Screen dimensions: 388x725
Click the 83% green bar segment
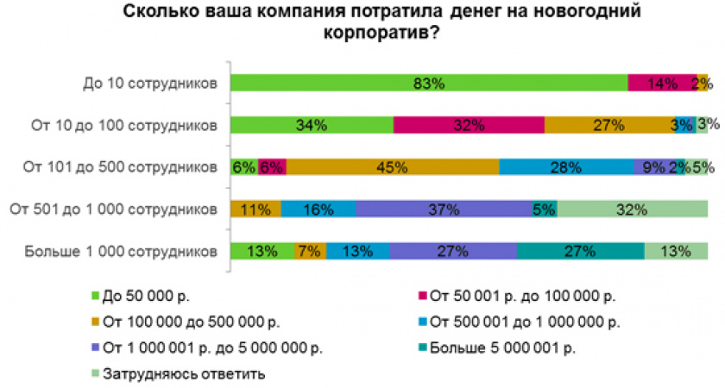coord(429,84)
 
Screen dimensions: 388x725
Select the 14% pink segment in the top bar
coord(662,84)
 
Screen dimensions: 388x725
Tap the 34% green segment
coord(312,125)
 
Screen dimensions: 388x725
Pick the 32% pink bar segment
coord(469,125)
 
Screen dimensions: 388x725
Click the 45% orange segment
coord(393,167)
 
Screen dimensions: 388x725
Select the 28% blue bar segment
coord(566,167)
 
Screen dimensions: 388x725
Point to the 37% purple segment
coord(444,209)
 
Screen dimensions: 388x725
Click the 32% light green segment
coord(633,209)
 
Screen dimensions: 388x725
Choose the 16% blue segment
coord(318,209)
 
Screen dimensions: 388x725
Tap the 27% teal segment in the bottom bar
coord(581,251)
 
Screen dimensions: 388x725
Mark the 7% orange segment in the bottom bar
coord(309,251)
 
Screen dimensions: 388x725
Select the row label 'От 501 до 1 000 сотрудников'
coord(111,209)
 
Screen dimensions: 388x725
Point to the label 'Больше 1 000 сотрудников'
coord(118,251)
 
